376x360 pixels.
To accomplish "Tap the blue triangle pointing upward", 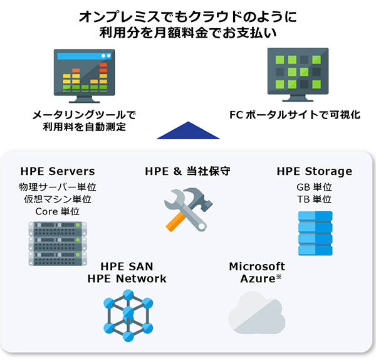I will (x=189, y=130).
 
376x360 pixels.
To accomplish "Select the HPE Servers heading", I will (x=58, y=171).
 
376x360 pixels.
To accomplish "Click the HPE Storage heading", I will (x=314, y=171).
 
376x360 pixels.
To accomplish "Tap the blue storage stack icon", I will (x=315, y=233).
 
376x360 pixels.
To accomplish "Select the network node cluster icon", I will (x=128, y=311).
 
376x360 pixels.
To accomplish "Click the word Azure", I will (x=257, y=278).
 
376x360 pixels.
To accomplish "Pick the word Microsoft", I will (x=257, y=267).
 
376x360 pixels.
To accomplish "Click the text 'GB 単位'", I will (x=314, y=187).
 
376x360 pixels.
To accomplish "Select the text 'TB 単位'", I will (x=314, y=199).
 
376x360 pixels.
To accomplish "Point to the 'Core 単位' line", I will (x=58, y=211).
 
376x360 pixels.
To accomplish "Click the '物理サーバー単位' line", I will (x=58, y=187).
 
